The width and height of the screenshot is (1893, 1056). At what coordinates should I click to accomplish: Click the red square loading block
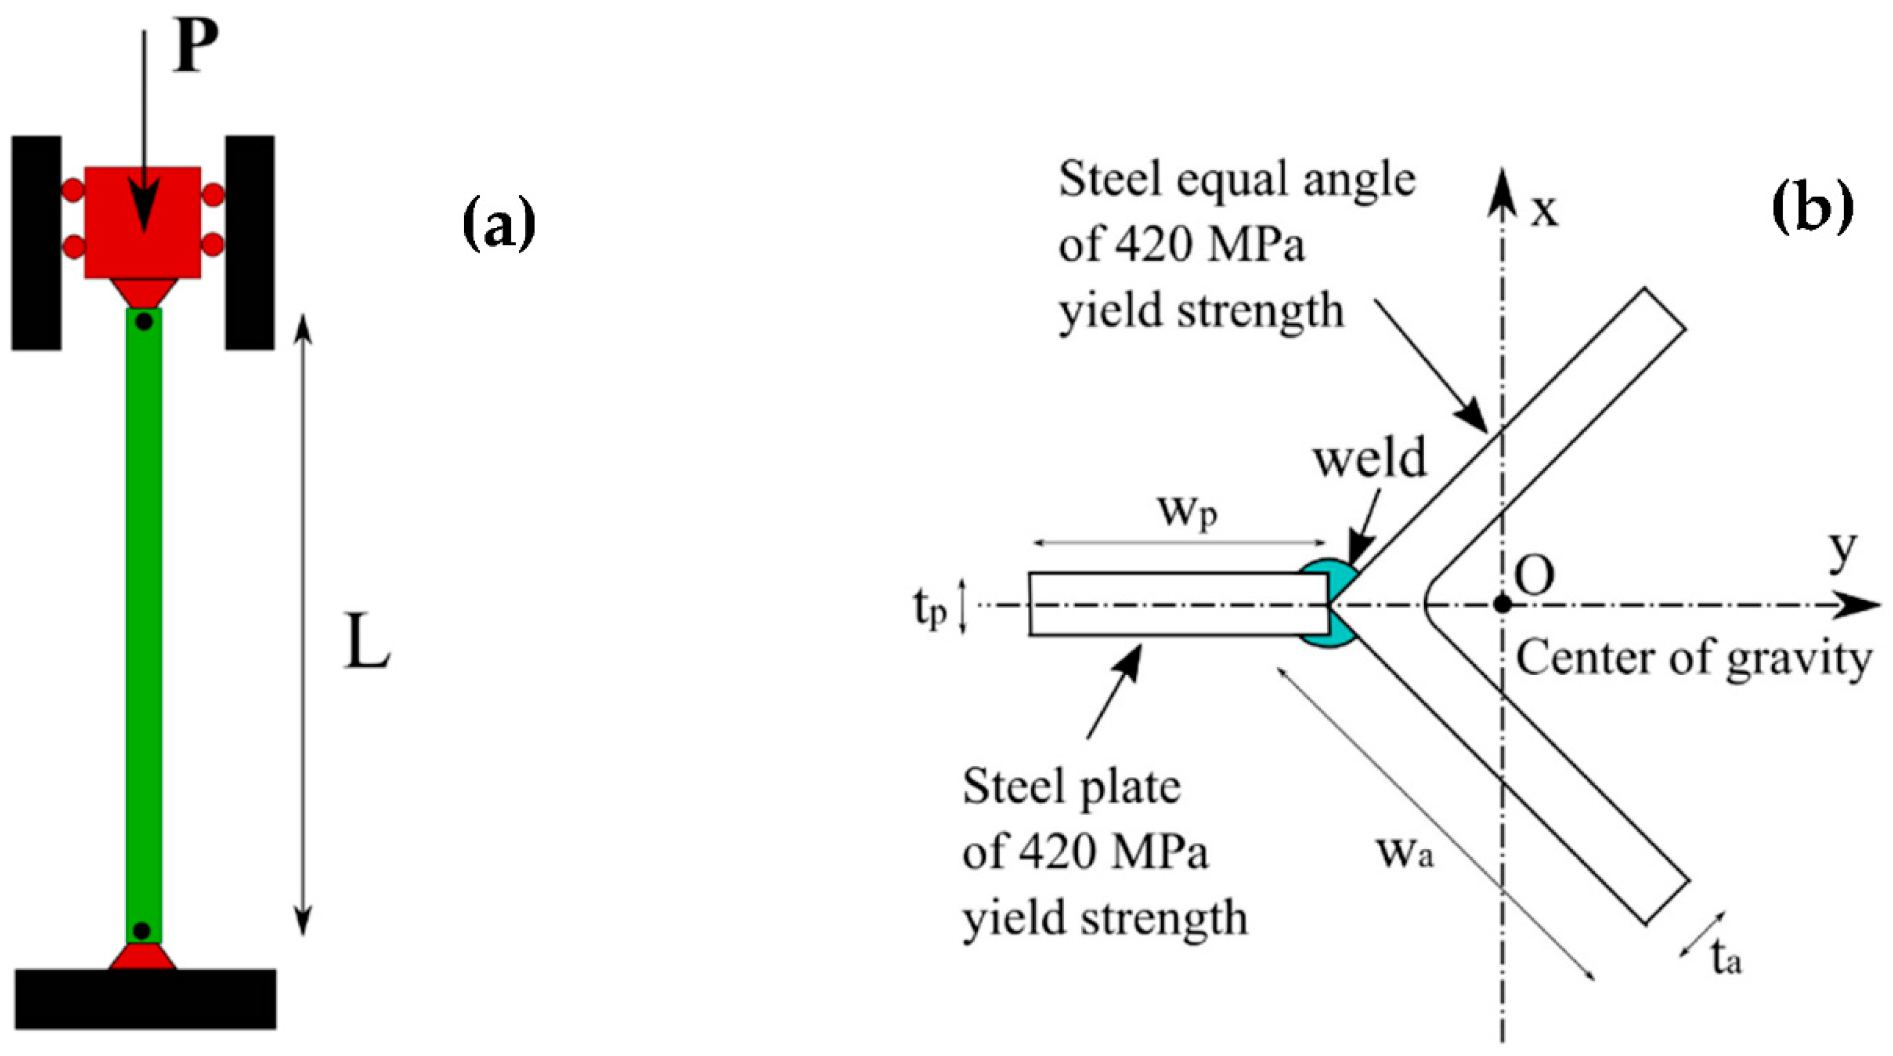coord(142,222)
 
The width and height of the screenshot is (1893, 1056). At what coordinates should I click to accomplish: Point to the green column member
coord(144,625)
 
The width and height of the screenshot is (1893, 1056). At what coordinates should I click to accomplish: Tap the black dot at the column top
coord(145,321)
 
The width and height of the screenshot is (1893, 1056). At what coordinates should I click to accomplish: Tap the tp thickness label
coord(930,609)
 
